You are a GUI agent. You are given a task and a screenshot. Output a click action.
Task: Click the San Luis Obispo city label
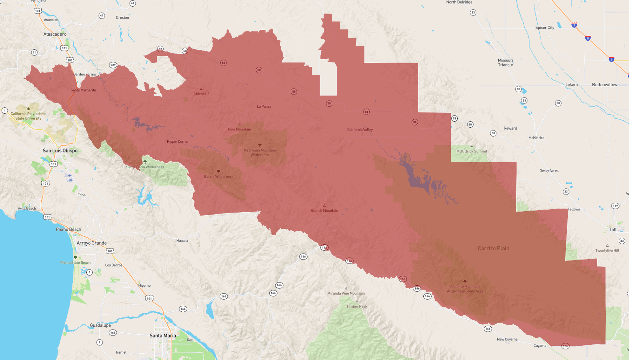60,151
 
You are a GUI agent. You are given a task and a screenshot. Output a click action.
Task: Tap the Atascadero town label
55,34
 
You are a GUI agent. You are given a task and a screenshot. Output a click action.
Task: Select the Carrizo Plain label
493,248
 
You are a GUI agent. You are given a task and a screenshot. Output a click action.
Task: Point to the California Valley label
360,130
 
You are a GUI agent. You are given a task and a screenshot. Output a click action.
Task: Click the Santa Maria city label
163,336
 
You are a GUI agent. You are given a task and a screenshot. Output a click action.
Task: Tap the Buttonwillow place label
605,85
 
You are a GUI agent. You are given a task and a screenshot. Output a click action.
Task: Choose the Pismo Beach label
68,229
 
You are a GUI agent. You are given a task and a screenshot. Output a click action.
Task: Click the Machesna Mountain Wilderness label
260,152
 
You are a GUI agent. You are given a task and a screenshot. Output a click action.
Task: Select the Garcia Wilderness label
219,177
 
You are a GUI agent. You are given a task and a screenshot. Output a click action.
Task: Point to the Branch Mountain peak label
324,211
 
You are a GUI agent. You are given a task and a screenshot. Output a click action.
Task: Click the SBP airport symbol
70,176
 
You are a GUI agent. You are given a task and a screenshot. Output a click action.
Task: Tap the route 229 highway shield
113,65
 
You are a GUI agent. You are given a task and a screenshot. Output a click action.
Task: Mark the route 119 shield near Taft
615,206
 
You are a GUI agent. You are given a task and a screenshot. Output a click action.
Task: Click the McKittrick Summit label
472,151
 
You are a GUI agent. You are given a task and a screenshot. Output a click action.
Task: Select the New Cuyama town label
507,339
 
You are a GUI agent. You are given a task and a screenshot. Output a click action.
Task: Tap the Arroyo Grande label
92,243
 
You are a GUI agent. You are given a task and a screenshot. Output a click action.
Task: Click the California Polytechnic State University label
28,116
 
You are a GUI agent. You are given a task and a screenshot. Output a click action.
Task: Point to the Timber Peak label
357,306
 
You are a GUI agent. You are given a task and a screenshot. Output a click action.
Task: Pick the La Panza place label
264,106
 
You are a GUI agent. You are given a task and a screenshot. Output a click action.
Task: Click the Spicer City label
545,27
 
